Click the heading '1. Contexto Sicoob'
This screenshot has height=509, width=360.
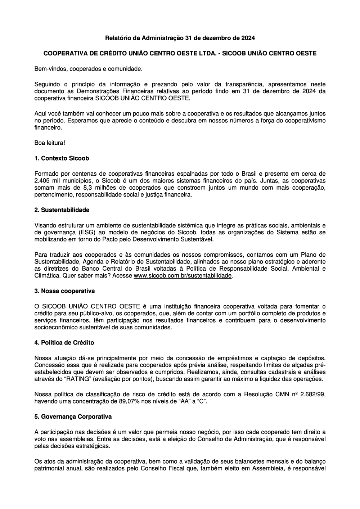click(x=62, y=158)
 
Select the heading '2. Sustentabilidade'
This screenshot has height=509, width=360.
click(x=62, y=210)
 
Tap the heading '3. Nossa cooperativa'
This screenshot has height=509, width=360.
click(x=64, y=290)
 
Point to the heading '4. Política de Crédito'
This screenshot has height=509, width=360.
click(x=64, y=343)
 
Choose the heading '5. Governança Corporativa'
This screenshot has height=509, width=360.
click(x=73, y=416)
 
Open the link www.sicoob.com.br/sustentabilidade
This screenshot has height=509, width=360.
click(x=183, y=276)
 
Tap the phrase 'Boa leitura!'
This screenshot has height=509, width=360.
click(x=50, y=143)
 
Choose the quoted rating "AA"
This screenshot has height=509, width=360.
click(x=182, y=401)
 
